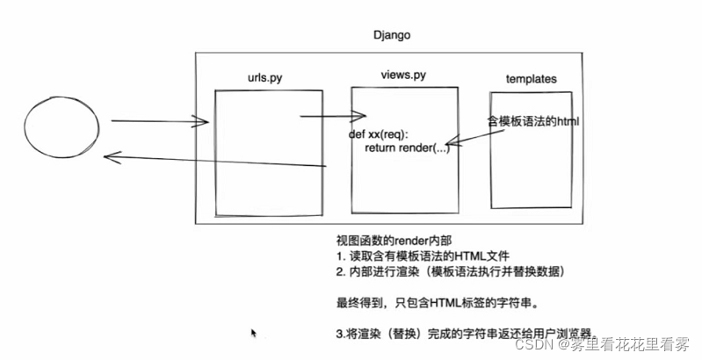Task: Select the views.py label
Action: [x=403, y=76]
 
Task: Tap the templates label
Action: [x=531, y=79]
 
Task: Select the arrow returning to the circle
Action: [x=211, y=162]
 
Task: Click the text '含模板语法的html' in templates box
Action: [x=533, y=120]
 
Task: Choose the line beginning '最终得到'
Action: [x=437, y=304]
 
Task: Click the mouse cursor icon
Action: [x=254, y=334]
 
